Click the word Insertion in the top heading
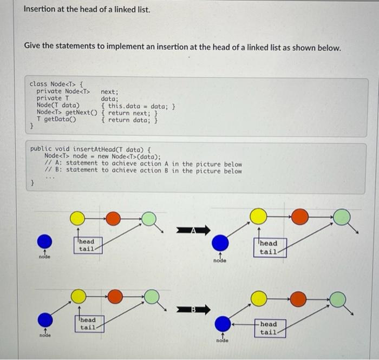[42, 10]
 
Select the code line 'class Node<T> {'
[56, 84]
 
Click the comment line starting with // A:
[143, 163]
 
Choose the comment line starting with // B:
[143, 171]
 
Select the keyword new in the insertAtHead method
[103, 156]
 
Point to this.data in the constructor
[126, 106]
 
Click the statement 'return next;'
[132, 113]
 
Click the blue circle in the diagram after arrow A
[220, 243]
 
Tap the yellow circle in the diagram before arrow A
[77, 218]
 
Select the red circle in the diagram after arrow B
[299, 298]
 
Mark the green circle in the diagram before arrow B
[152, 297]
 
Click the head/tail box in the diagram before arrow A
[86, 245]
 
